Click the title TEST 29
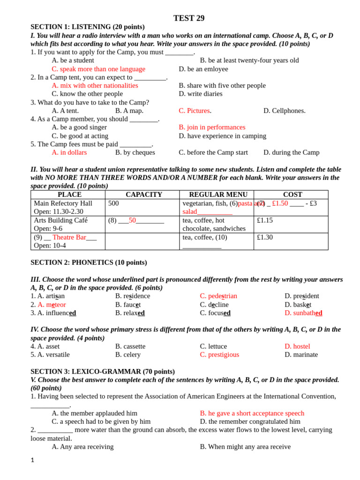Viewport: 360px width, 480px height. (189, 18)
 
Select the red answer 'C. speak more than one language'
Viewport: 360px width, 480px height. (98, 69)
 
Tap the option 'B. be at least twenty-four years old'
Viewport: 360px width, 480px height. (249, 60)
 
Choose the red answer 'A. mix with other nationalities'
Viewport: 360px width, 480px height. (95, 85)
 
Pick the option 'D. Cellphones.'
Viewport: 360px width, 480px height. (284, 111)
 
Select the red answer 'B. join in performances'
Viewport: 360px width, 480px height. (212, 127)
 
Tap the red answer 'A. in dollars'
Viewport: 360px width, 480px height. (69, 152)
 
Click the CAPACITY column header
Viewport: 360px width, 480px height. (143, 195)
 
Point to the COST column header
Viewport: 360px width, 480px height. (292, 195)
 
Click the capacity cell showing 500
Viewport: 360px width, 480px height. (114, 203)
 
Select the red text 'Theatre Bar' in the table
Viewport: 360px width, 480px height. (69, 237)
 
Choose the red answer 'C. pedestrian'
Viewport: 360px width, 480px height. (218, 296)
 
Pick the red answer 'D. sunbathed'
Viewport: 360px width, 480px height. (303, 313)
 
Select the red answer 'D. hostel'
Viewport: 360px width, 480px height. (297, 346)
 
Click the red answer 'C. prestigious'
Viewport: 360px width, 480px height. (219, 355)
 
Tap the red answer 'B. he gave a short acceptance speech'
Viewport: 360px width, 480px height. (252, 413)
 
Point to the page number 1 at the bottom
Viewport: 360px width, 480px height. (32, 460)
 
